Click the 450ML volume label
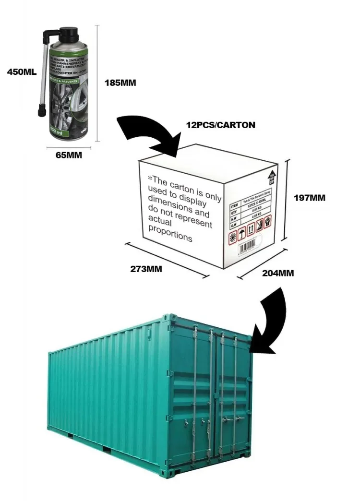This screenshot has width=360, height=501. point(22,72)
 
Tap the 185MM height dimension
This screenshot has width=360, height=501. point(120,83)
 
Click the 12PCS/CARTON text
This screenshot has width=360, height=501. point(220,125)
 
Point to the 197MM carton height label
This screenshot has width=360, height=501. point(310,197)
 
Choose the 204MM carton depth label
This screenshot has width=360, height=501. point(278,273)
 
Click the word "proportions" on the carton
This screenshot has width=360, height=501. point(170,236)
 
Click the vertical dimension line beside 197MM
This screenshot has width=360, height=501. point(287,202)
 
